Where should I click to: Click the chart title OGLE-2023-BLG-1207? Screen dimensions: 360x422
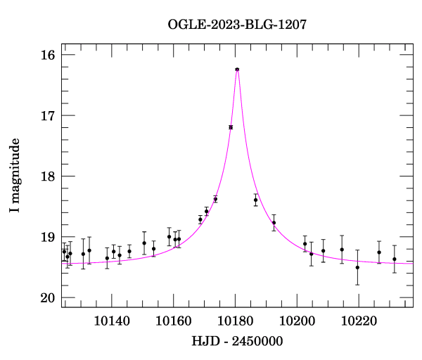(237, 25)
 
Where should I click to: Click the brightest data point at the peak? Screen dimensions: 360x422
(237, 69)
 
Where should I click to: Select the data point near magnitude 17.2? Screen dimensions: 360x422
(231, 127)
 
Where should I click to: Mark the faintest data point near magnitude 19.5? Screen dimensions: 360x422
(357, 267)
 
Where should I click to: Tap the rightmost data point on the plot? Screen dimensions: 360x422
(395, 259)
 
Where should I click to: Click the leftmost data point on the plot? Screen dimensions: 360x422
(64, 252)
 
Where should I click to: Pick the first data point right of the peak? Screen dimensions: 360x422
(255, 200)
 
